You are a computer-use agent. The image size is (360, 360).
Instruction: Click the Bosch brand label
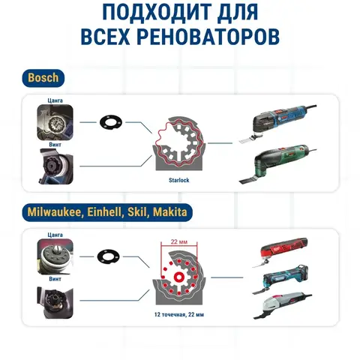click(43, 78)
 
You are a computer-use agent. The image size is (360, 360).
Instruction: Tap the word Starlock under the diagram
click(178, 180)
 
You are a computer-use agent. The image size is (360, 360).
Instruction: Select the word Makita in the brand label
click(169, 212)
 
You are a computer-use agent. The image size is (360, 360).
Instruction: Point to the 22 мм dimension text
click(179, 241)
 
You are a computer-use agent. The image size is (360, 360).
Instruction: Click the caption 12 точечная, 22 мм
click(179, 314)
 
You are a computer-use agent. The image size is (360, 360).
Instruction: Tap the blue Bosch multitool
click(277, 122)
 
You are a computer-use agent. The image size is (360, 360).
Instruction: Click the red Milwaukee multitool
click(281, 252)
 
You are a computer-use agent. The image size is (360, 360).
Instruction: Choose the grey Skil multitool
click(283, 305)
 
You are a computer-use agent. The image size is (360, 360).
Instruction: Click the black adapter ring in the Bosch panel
click(111, 122)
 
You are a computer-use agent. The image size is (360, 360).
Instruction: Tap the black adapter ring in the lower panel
click(108, 256)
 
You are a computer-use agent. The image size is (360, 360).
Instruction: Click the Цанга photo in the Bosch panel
click(55, 122)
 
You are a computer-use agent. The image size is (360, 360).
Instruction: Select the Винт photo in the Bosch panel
click(56, 166)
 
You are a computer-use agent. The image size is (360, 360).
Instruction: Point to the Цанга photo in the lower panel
click(55, 256)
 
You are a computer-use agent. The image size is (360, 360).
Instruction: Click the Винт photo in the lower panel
click(55, 302)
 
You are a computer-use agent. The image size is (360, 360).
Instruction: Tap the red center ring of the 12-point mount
click(179, 277)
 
